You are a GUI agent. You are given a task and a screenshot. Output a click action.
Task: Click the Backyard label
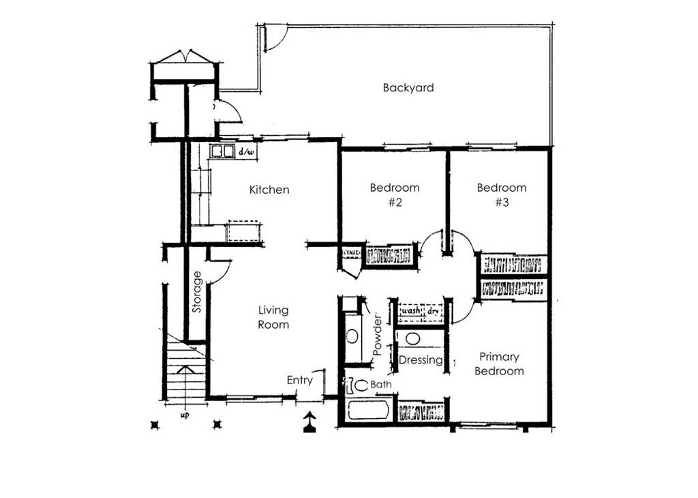(408, 88)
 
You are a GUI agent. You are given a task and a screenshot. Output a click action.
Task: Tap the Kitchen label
(269, 190)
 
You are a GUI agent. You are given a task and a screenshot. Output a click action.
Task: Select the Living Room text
(273, 317)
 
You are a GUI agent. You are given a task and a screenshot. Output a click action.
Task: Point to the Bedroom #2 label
(395, 194)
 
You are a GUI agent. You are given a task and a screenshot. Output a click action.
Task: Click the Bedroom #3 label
(502, 194)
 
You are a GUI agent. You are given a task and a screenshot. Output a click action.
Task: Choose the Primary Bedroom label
(499, 364)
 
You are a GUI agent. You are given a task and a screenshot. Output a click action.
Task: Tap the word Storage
(197, 292)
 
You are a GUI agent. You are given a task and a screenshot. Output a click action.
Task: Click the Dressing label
(421, 360)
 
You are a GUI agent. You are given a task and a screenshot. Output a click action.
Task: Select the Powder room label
(378, 336)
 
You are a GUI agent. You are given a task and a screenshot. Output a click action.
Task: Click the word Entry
(300, 381)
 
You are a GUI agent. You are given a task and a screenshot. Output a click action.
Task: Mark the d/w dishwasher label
(247, 152)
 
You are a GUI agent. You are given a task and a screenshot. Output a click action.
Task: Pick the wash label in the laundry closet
(411, 310)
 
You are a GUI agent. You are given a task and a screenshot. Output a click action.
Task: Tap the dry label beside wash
(433, 310)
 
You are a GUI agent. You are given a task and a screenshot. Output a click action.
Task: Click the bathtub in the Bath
(369, 410)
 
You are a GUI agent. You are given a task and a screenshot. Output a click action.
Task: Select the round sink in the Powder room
(352, 336)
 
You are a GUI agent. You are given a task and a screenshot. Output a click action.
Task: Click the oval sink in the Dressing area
(412, 339)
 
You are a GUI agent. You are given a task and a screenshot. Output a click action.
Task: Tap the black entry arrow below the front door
(310, 422)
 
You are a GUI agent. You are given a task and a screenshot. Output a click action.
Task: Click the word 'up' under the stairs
(185, 415)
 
